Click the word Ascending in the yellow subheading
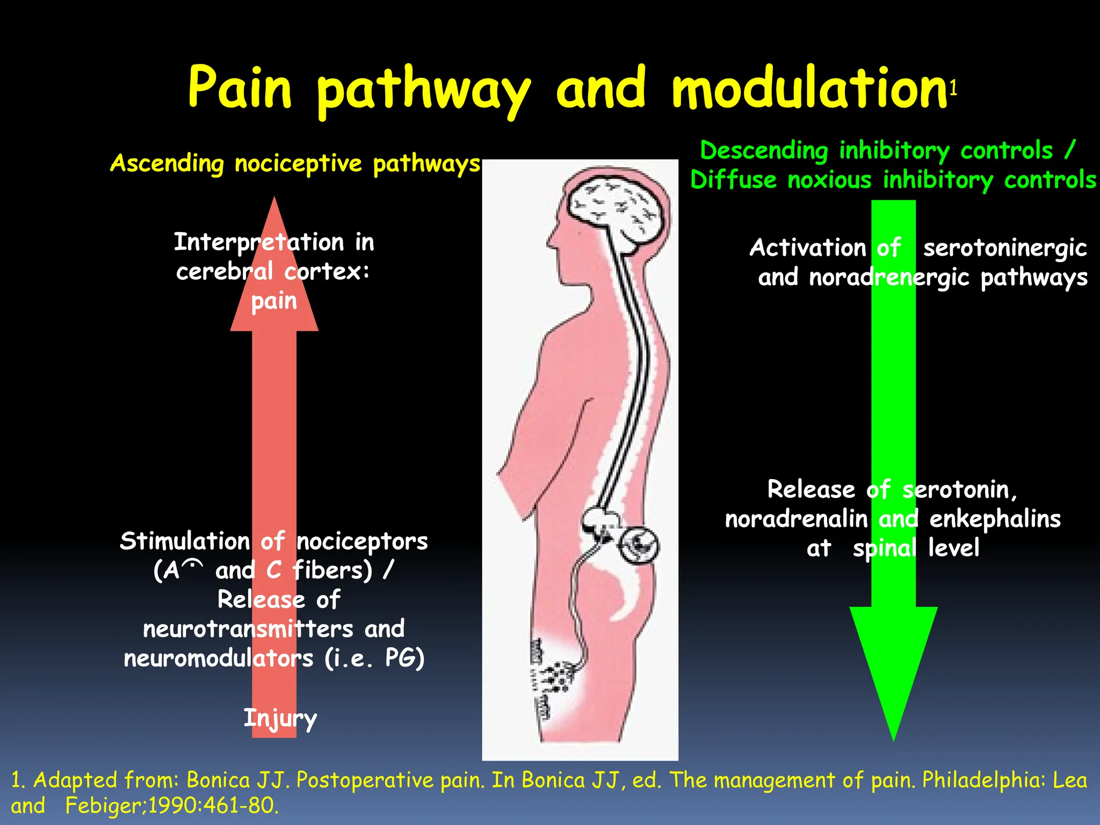167,163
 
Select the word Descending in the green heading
764,150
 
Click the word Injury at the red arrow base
280,718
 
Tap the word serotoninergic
1004,248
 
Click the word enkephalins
995,519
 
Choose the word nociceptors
362,541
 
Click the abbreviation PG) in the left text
404,658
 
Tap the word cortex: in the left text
327,271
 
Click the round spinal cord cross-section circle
639,545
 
